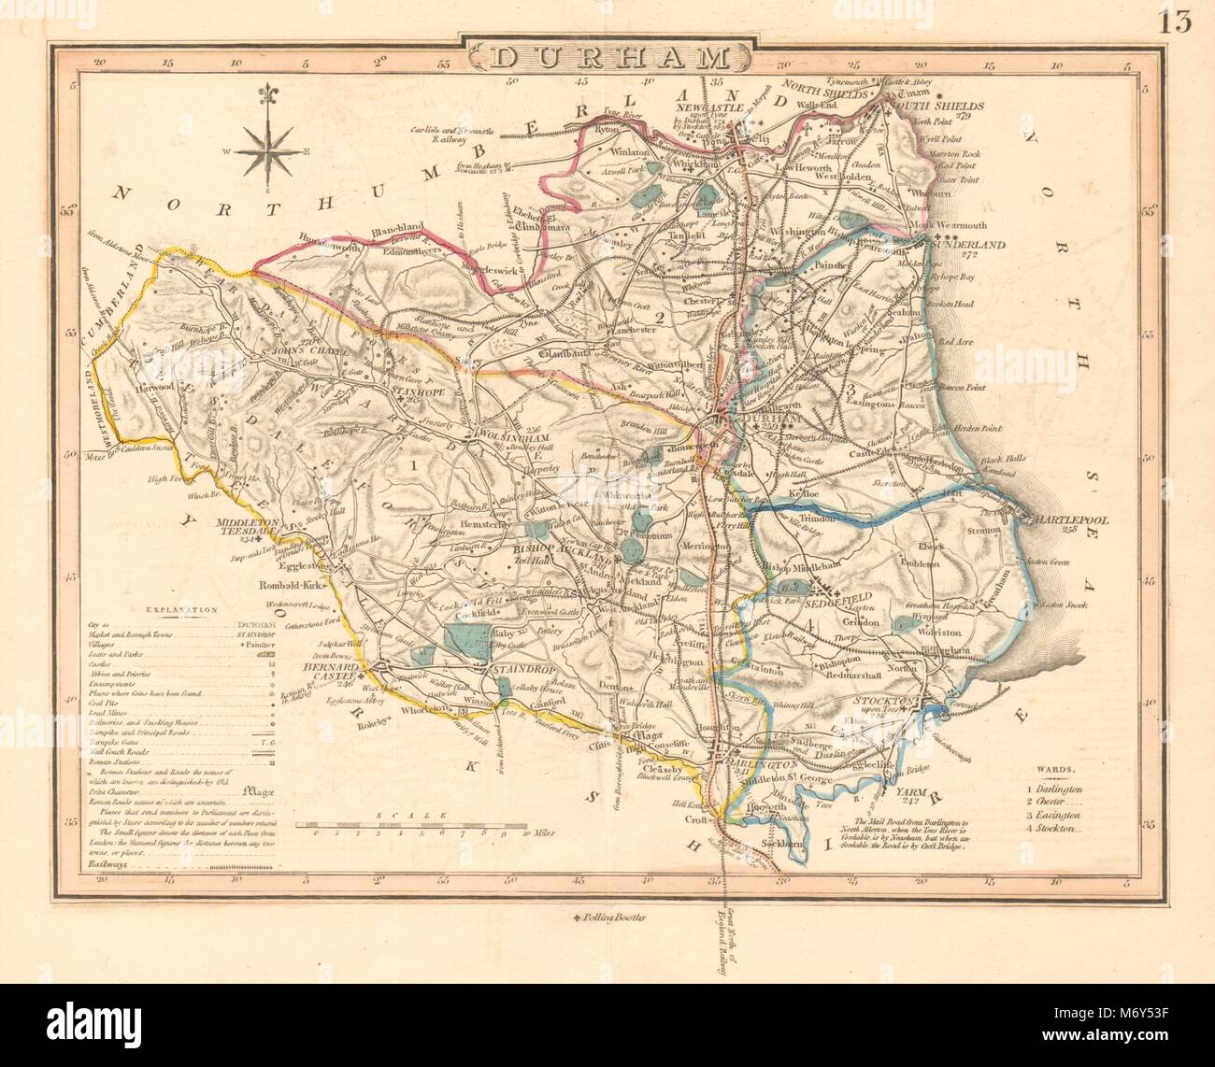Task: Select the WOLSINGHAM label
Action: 512,434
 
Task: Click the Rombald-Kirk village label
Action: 290,587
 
